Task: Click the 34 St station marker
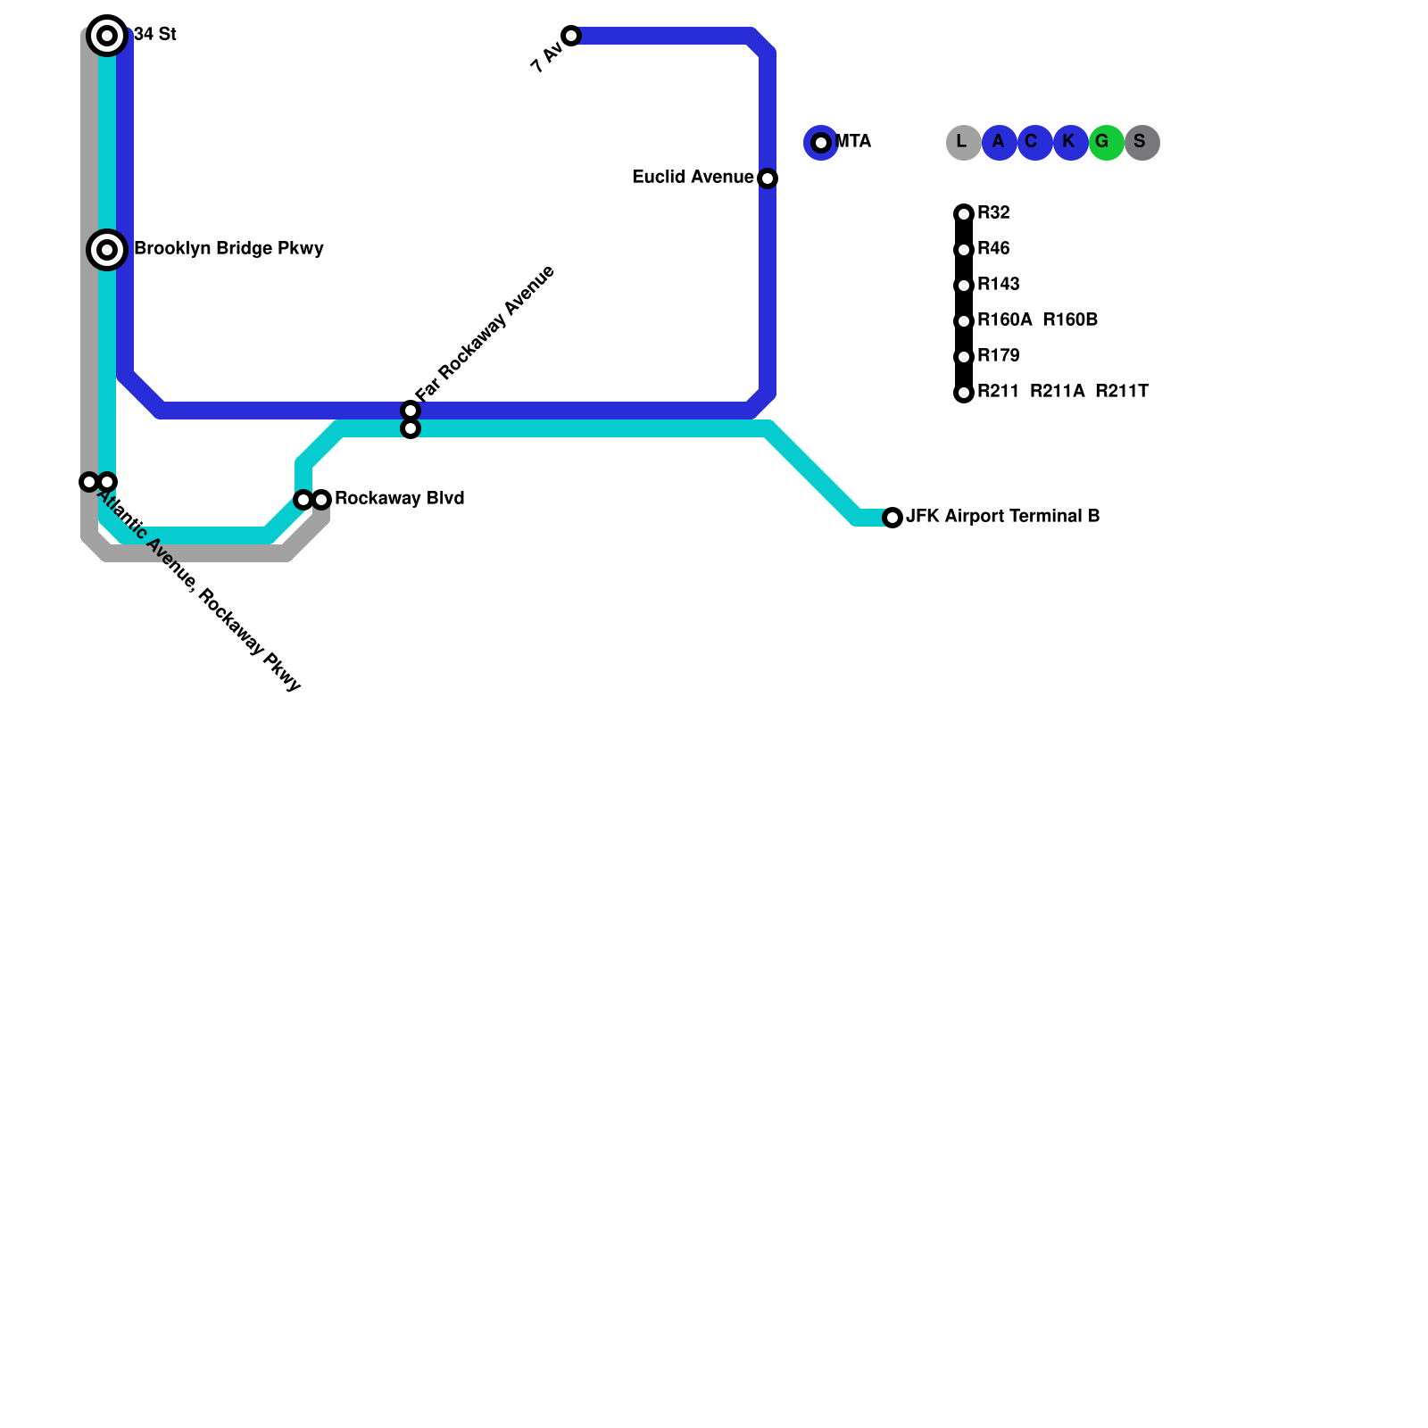(x=107, y=36)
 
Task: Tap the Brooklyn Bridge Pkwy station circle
(x=107, y=250)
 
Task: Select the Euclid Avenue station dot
(x=768, y=178)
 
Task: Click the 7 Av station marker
(x=571, y=36)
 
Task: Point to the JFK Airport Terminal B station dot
(x=892, y=518)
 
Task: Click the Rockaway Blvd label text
(x=399, y=498)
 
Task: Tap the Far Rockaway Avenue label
(x=486, y=333)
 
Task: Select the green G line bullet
(x=1106, y=143)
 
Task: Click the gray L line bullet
(x=963, y=143)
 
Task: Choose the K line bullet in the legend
(x=1070, y=143)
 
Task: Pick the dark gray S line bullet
(x=1142, y=143)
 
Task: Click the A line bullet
(x=999, y=143)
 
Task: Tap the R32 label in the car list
(x=993, y=212)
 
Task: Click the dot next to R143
(x=964, y=286)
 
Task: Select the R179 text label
(x=998, y=355)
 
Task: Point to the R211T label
(x=1121, y=391)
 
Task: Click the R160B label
(x=1069, y=320)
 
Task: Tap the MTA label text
(x=852, y=141)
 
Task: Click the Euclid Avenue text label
(x=692, y=177)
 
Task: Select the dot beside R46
(x=964, y=250)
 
